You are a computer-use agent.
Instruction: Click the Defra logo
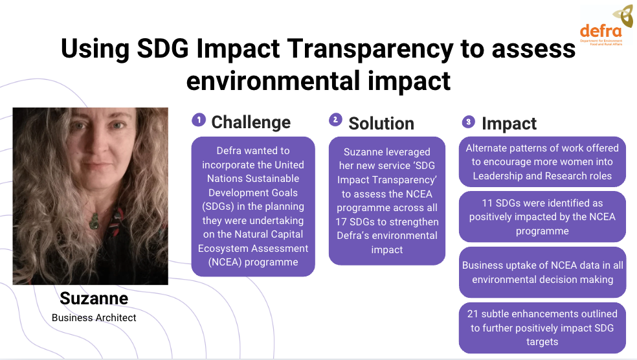(606, 26)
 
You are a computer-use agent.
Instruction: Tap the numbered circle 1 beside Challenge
(199, 120)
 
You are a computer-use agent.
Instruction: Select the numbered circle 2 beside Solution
(335, 119)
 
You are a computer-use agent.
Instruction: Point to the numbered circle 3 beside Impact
(469, 122)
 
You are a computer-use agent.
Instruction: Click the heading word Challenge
(251, 122)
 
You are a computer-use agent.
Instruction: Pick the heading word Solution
(381, 124)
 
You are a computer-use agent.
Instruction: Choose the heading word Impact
(509, 124)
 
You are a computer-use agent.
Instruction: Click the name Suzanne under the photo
(94, 298)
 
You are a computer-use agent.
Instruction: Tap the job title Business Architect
(94, 318)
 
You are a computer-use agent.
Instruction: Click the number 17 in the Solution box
(341, 222)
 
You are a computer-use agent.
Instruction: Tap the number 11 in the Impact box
(487, 203)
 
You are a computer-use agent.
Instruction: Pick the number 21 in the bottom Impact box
(473, 314)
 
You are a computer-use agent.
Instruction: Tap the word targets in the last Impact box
(542, 342)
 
